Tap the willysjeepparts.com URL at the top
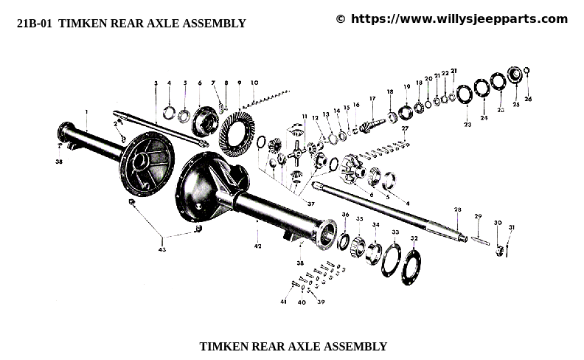pyautogui.click(x=459, y=19)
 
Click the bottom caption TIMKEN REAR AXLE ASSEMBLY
pyautogui.click(x=293, y=346)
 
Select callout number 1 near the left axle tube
pyautogui.click(x=86, y=112)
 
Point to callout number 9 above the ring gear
pyautogui.click(x=239, y=83)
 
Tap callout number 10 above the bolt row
pyautogui.click(x=254, y=83)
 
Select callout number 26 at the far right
pyautogui.click(x=528, y=99)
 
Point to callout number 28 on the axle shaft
pyautogui.click(x=458, y=209)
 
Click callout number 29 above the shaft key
pyautogui.click(x=478, y=217)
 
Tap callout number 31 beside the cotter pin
pyautogui.click(x=512, y=227)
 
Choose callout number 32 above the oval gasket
pyautogui.click(x=414, y=238)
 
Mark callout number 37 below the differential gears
pyautogui.click(x=311, y=204)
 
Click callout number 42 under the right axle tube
pyautogui.click(x=258, y=247)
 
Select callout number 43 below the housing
pyautogui.click(x=162, y=250)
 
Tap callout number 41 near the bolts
pyautogui.click(x=283, y=302)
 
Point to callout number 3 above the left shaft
pyautogui.click(x=156, y=84)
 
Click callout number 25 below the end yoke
pyautogui.click(x=516, y=105)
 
